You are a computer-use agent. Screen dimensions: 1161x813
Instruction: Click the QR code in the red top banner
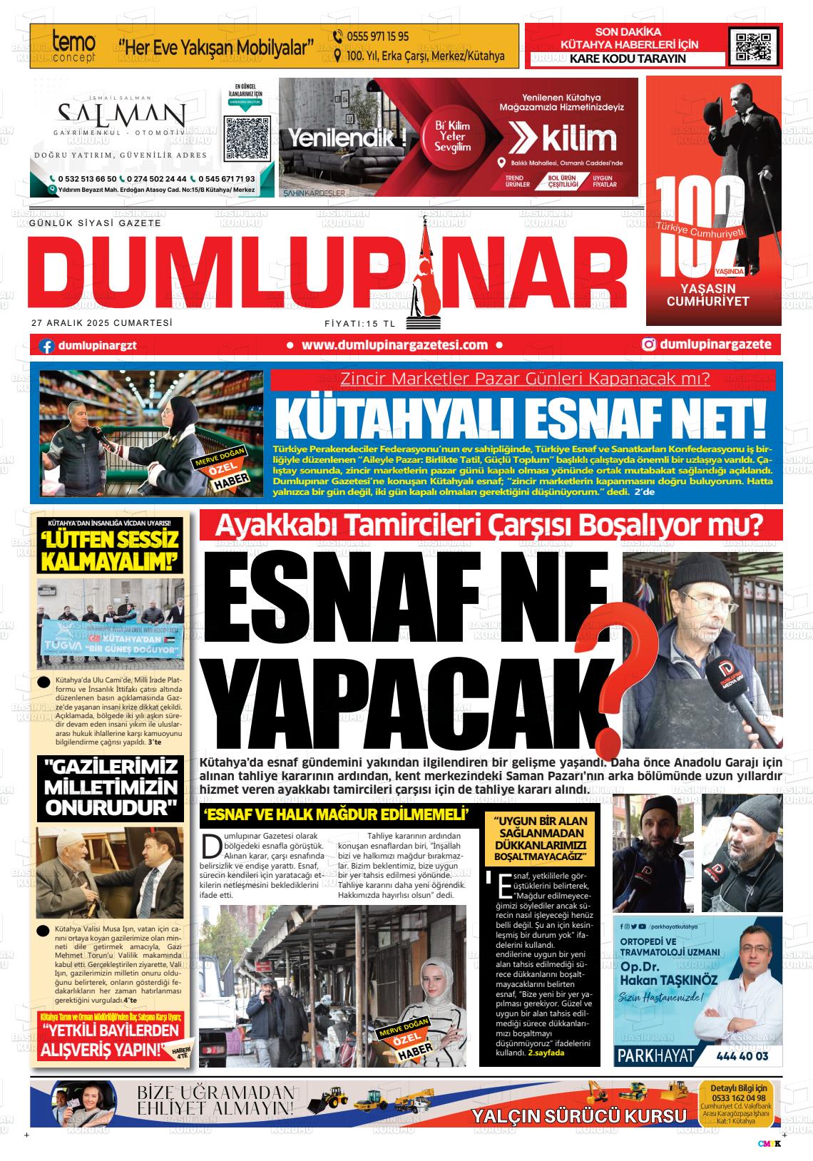tap(750, 46)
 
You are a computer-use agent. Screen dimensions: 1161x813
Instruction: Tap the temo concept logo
tap(73, 46)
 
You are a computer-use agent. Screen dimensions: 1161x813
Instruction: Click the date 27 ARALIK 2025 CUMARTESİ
tap(102, 322)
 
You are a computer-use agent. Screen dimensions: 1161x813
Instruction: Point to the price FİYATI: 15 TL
tap(359, 323)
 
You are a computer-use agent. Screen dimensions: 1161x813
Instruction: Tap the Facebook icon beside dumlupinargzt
tap(47, 346)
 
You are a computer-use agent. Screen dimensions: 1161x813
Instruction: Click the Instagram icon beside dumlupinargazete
tap(649, 345)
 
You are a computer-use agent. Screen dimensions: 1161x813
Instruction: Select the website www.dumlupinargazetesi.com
tap(394, 345)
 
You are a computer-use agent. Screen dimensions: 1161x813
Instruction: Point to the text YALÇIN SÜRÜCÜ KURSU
tap(578, 1116)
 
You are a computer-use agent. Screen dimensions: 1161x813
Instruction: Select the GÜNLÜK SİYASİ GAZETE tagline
tap(95, 223)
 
